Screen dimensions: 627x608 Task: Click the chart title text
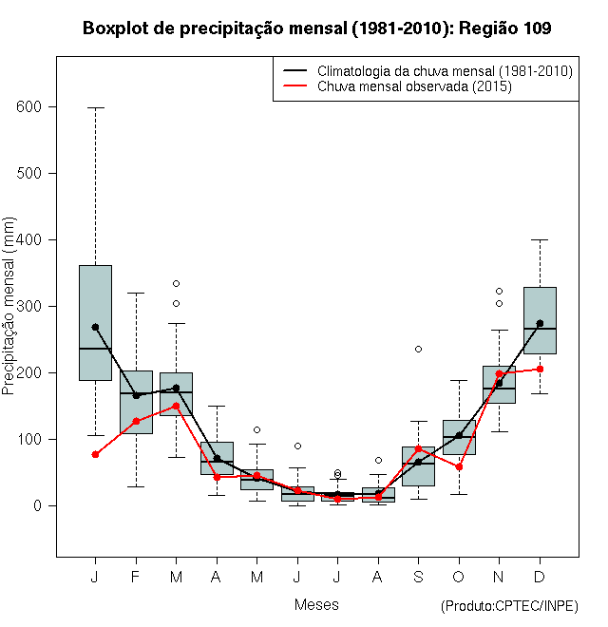(316, 28)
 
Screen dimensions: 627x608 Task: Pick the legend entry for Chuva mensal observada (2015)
(414, 87)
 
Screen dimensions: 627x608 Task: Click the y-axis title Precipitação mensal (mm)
(9, 315)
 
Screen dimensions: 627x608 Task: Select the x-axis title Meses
(316, 604)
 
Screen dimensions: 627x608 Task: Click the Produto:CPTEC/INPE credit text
(509, 606)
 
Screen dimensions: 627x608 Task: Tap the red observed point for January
(95, 454)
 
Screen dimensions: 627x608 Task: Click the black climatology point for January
(95, 327)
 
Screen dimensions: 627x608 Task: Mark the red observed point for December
(540, 369)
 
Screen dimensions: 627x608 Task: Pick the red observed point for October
(459, 466)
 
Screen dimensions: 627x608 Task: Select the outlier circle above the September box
(418, 349)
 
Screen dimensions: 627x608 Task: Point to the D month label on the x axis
(540, 577)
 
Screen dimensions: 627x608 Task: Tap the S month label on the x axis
(418, 577)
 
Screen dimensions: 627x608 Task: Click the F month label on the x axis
(136, 577)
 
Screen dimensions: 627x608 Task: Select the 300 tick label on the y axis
(29, 307)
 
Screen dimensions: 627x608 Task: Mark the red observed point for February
(136, 421)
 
